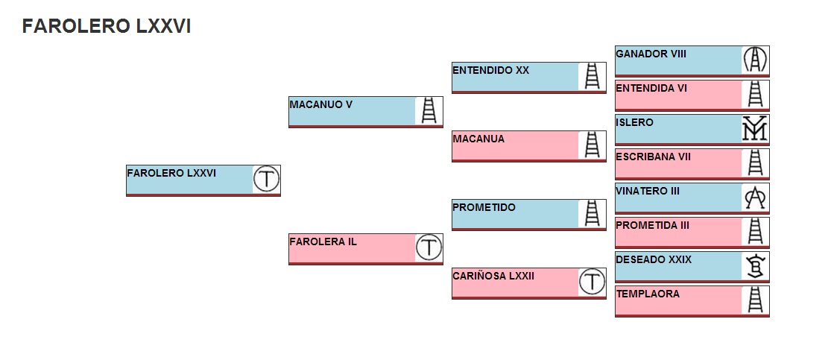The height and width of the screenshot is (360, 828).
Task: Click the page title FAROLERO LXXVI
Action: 107,26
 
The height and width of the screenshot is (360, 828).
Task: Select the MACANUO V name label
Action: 320,105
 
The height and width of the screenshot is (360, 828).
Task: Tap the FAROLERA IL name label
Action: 323,242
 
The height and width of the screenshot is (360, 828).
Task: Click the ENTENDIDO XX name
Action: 490,71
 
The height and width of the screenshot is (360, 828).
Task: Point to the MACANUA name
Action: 478,139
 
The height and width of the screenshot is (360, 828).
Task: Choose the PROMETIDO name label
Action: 484,208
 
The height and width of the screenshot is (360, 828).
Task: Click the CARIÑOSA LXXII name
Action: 493,277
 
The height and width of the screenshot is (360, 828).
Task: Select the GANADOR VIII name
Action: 651,54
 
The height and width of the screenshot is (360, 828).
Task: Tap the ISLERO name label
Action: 634,123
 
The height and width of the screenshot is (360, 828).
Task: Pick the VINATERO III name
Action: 648,192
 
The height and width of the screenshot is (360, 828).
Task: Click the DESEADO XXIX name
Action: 654,260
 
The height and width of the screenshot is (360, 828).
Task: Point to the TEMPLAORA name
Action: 648,294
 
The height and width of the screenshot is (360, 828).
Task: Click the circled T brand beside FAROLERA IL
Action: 429,247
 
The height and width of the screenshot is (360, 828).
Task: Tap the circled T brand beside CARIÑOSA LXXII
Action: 592,282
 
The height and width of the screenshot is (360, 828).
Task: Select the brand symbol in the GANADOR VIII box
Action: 755,60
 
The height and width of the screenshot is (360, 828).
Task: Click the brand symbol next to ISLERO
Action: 755,128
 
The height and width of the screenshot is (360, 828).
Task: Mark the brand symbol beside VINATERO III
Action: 755,197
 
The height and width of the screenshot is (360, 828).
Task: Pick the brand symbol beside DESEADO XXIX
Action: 755,265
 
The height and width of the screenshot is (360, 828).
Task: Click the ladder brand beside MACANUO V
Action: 429,110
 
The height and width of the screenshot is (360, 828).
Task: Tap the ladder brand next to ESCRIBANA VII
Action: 755,162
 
